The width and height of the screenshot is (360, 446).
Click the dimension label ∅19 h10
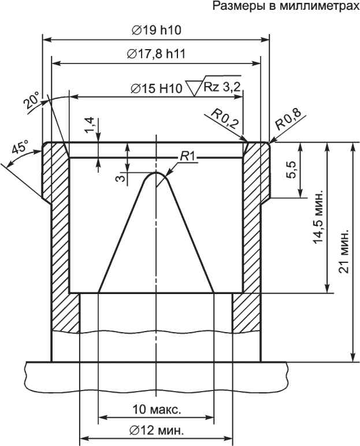click(157, 30)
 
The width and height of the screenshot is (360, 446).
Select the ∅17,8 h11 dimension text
click(156, 54)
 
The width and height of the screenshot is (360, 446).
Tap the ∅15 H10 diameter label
click(156, 89)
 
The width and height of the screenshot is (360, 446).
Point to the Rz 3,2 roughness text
click(222, 87)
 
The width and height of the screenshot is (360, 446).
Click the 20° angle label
click(32, 101)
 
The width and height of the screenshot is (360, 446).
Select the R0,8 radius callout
click(288, 119)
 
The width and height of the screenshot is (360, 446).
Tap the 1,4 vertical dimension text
click(89, 125)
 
